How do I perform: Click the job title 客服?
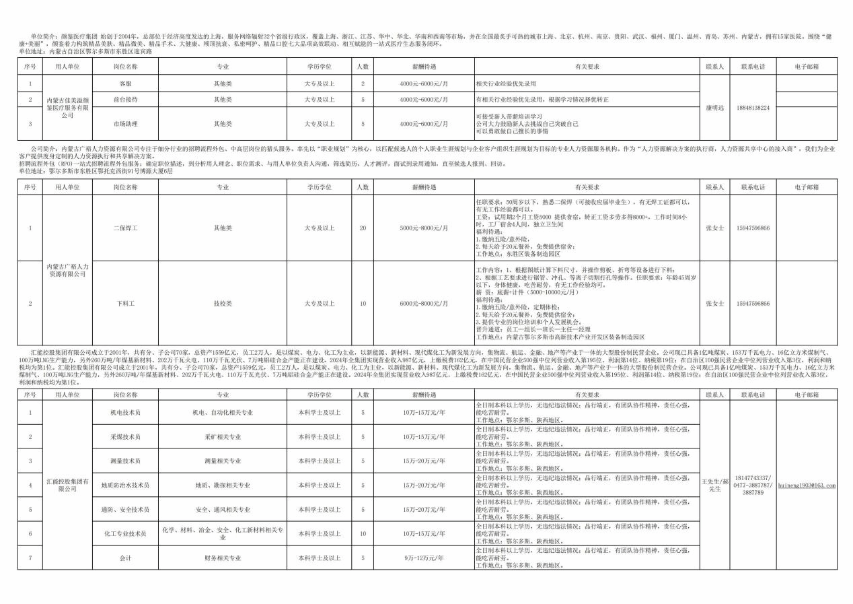pyautogui.click(x=125, y=83)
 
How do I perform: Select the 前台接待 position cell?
pyautogui.click(x=125, y=99)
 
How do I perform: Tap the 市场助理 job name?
pyautogui.click(x=125, y=123)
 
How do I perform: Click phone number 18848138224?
pyautogui.click(x=752, y=108)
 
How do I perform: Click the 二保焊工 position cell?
pyautogui.click(x=125, y=228)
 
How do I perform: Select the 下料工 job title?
pyautogui.click(x=125, y=304)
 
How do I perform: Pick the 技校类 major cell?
pyautogui.click(x=223, y=304)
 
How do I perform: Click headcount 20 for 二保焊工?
pyautogui.click(x=363, y=228)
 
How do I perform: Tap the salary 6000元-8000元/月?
pyautogui.click(x=424, y=304)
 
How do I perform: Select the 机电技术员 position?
pyautogui.click(x=125, y=412)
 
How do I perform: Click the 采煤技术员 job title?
pyautogui.click(x=125, y=436)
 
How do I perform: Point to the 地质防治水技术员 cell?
pyautogui.click(x=125, y=485)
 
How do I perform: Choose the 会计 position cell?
pyautogui.click(x=125, y=558)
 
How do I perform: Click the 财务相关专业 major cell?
pyautogui.click(x=223, y=558)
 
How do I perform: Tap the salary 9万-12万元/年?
pyautogui.click(x=424, y=558)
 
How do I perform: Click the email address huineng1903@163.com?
pyautogui.click(x=807, y=485)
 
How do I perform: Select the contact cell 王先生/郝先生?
pyautogui.click(x=714, y=485)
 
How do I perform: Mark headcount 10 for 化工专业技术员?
pyautogui.click(x=363, y=533)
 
